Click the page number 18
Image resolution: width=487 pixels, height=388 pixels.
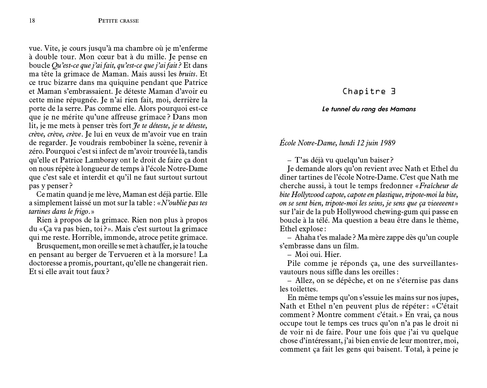[x=32, y=21]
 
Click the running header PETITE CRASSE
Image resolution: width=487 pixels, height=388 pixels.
[x=119, y=21]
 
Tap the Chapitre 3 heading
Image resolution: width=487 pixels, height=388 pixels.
[x=369, y=91]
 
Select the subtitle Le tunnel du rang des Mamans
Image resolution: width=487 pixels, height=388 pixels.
[x=369, y=109]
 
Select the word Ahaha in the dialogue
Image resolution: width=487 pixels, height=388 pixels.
[x=304, y=237]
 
